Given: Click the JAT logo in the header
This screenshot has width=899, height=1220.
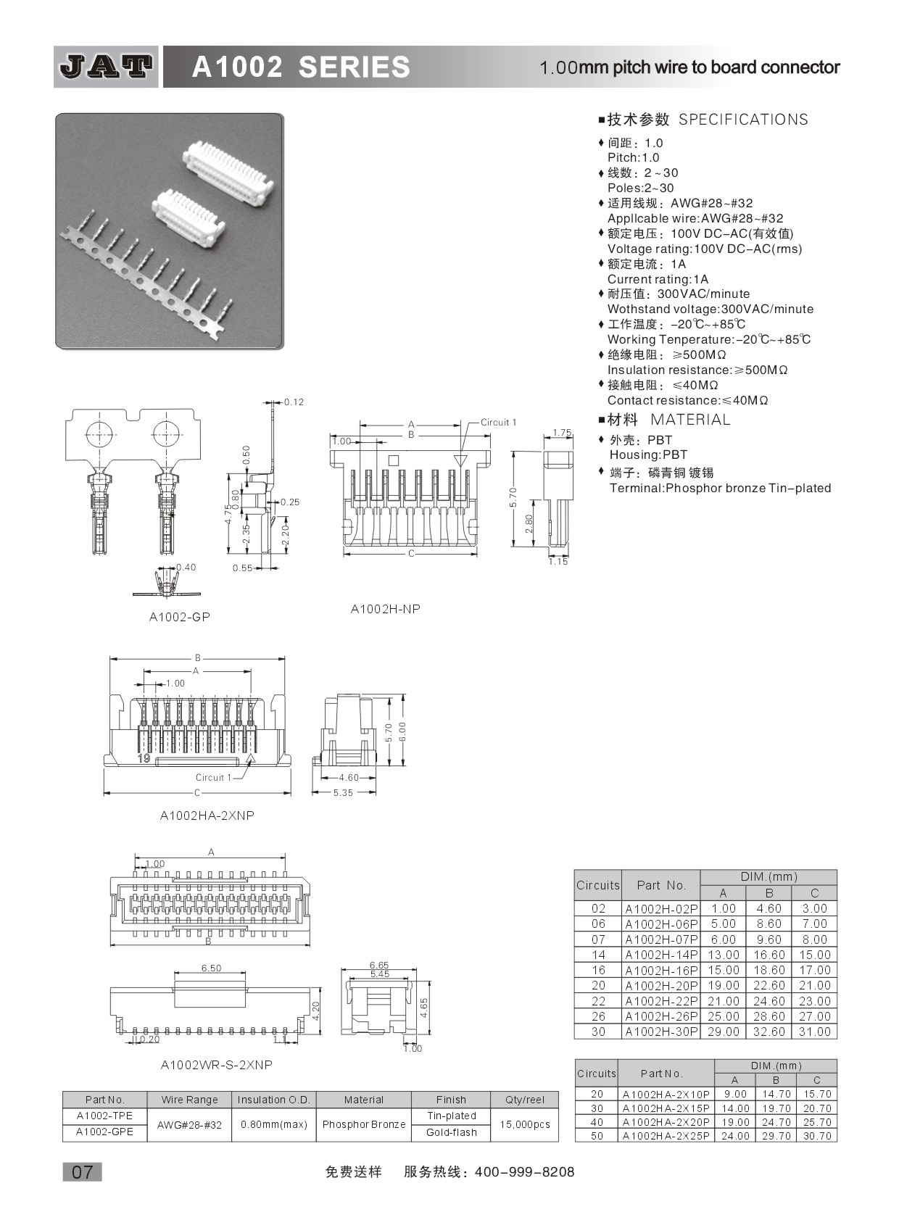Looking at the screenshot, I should tap(106, 67).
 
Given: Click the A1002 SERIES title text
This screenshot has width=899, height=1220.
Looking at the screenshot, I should tap(300, 67).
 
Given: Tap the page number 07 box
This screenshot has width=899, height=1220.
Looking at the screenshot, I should tap(82, 1171).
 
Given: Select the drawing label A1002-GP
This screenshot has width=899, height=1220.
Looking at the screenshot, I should tap(180, 617).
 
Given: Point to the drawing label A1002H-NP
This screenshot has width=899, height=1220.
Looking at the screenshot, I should tap(385, 609).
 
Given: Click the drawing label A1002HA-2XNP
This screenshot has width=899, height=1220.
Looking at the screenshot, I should tap(207, 816).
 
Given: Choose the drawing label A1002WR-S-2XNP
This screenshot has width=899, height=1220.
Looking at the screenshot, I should tap(216, 1065).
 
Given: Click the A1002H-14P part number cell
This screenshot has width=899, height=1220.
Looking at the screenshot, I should tap(661, 955).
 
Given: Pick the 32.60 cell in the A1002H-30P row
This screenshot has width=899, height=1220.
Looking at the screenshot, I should tap(768, 1032).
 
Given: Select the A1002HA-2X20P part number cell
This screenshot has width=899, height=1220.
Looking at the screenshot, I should tap(666, 1122).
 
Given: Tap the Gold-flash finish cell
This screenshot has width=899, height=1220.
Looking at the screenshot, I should tap(451, 1132).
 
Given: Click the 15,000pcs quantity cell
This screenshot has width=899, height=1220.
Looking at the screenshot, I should tap(525, 1124).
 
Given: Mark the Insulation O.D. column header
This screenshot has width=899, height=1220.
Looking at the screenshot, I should tap(274, 1100).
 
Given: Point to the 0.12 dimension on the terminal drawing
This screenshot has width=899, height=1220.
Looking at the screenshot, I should tap(294, 402).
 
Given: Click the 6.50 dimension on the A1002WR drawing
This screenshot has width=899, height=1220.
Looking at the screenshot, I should tap(211, 968).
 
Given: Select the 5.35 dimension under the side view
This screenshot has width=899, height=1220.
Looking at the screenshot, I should tap(343, 793).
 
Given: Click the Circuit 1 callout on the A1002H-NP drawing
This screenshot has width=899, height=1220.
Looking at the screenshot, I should tap(498, 422).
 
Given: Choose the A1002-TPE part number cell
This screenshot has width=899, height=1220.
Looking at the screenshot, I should tap(104, 1116).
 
